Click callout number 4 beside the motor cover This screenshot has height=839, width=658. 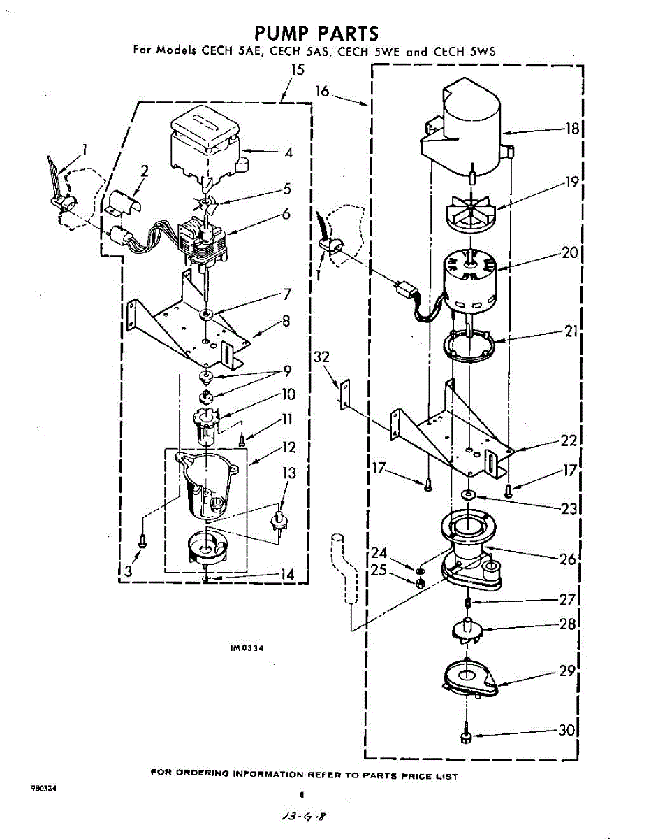288,152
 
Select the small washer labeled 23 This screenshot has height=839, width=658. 467,496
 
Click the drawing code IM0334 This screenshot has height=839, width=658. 247,648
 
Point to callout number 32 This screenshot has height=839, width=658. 321,357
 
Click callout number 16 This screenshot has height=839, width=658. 321,90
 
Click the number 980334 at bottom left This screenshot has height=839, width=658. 43,788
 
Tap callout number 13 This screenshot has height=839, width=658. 288,473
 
